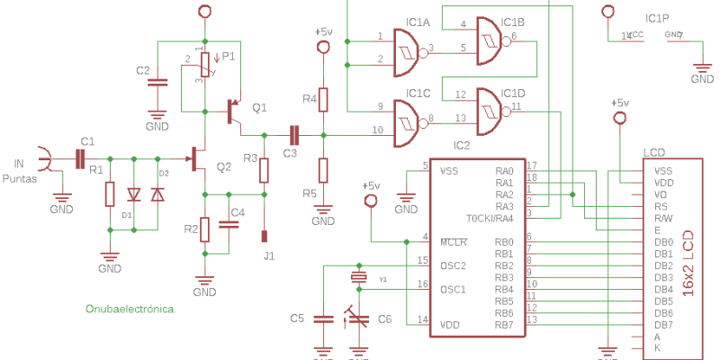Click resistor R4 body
point(323,99)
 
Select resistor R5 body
point(323,169)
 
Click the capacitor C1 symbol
point(81,159)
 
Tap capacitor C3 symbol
point(293,134)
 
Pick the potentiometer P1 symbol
point(205,64)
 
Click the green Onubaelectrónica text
point(129,309)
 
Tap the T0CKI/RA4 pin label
point(490,219)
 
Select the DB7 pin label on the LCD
point(663,324)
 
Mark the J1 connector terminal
point(265,237)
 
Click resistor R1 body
point(110,194)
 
